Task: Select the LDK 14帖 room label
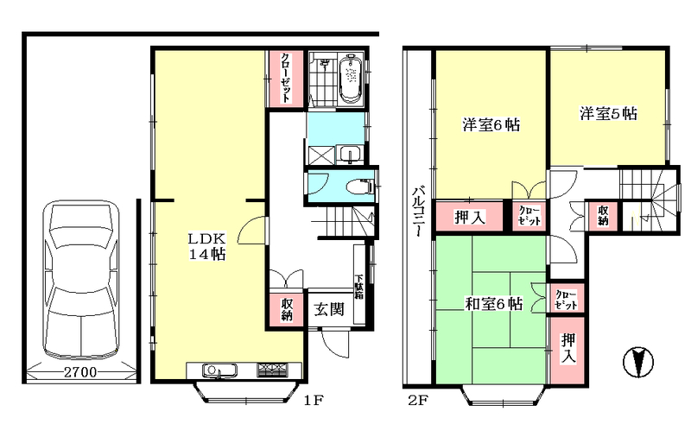pyautogui.click(x=207, y=247)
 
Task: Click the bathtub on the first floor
pyautogui.click(x=352, y=80)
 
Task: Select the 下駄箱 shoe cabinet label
pyautogui.click(x=360, y=284)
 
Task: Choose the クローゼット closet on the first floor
pyautogui.click(x=284, y=79)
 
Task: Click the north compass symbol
pyautogui.click(x=637, y=362)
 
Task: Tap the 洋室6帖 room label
pyautogui.click(x=491, y=124)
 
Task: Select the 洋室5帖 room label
pyautogui.click(x=608, y=113)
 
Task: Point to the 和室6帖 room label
pyautogui.click(x=491, y=303)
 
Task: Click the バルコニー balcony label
pyautogui.click(x=417, y=212)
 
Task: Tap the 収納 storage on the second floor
pyautogui.click(x=601, y=216)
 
